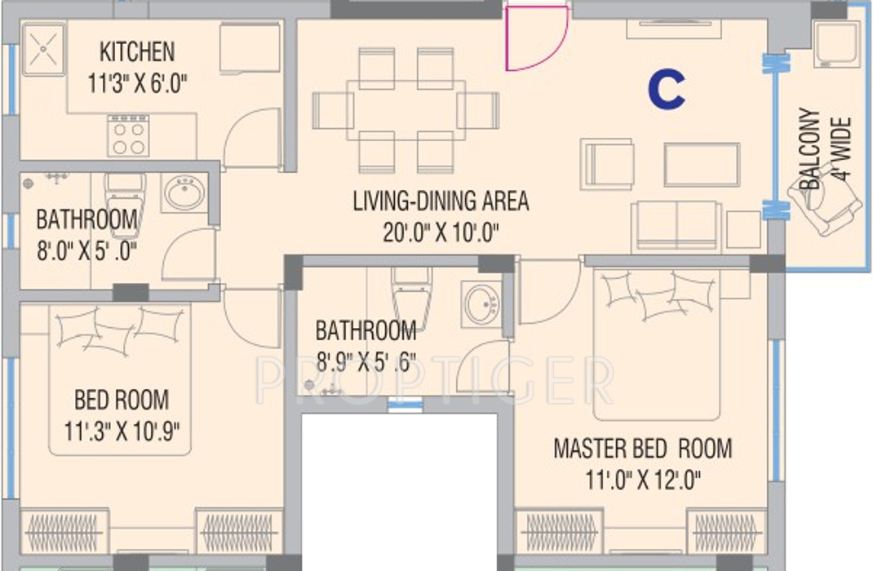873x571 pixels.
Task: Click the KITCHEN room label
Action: [136, 51]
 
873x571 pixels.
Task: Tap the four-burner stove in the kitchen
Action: [128, 135]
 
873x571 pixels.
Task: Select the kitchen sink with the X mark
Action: [43, 49]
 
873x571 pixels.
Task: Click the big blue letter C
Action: [667, 90]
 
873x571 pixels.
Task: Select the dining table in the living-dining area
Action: [405, 109]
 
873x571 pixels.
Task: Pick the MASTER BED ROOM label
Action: [642, 449]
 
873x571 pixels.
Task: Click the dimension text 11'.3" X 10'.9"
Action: [122, 430]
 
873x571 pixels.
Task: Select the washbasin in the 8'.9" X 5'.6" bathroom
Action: [482, 304]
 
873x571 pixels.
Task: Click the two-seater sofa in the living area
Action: [675, 224]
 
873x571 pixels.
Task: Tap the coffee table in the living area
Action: [702, 165]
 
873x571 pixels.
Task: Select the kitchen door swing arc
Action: [253, 139]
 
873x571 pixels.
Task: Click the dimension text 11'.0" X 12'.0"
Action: [642, 479]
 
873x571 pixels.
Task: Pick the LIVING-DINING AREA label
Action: [441, 201]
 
